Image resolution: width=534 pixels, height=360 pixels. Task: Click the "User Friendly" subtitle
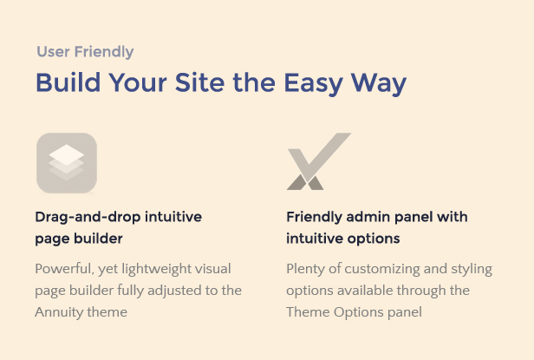click(85, 52)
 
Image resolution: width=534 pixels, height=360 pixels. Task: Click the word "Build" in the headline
click(68, 82)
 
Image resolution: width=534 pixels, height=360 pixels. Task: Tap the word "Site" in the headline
click(199, 82)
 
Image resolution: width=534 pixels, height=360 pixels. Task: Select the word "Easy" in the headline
click(313, 84)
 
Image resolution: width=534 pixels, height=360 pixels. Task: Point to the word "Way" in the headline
click(379, 84)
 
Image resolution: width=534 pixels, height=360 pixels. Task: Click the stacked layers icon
click(67, 163)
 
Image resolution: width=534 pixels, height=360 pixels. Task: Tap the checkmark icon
click(318, 160)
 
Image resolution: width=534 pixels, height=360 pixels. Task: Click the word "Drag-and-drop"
click(88, 217)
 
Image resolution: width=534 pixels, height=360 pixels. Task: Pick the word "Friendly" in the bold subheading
click(314, 217)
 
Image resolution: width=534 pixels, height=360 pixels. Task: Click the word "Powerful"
click(64, 269)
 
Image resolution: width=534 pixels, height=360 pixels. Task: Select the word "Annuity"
click(59, 312)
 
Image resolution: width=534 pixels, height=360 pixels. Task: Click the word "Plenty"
click(306, 269)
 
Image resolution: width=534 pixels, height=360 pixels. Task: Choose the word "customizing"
click(382, 269)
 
